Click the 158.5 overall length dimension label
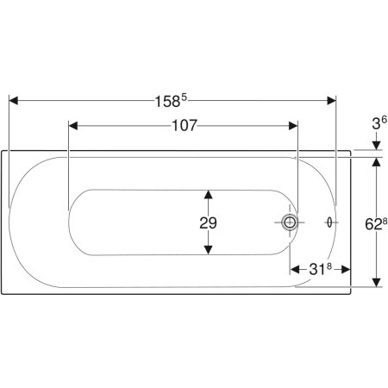click(x=171, y=101)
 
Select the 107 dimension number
click(x=185, y=126)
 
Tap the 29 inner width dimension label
click(x=209, y=223)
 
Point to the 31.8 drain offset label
click(x=320, y=269)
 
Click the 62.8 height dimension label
click(x=376, y=224)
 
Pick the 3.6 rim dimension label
click(x=379, y=123)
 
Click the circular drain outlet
click(x=290, y=222)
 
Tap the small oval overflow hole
click(x=329, y=222)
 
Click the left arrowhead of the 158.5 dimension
click(x=13, y=101)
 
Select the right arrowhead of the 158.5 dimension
click(x=332, y=101)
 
